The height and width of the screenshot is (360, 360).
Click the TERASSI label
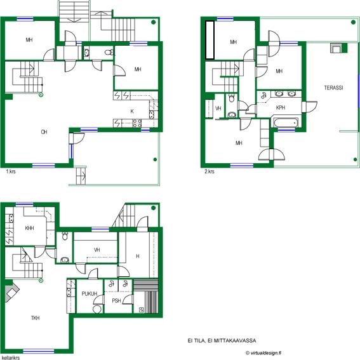point(333,88)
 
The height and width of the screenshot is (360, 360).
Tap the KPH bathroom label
point(281,107)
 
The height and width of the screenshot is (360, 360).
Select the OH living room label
point(44,132)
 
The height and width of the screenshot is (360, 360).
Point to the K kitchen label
point(132,111)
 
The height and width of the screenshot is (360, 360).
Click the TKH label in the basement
point(35,317)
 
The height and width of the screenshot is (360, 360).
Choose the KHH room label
point(29,228)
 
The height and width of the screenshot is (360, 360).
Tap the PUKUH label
point(90,293)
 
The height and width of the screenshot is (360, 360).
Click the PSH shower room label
point(116,300)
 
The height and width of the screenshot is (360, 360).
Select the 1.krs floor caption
point(11,171)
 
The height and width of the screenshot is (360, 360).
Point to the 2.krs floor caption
point(210,171)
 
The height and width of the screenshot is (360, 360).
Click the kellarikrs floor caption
point(11,357)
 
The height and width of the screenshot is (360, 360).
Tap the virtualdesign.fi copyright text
point(263,353)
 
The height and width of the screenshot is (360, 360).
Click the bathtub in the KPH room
point(286,123)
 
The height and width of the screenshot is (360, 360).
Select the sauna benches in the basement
point(146,296)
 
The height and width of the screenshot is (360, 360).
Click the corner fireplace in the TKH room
point(11,292)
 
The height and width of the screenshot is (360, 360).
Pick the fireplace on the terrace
point(338,48)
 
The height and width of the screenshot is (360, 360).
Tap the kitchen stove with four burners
point(137,123)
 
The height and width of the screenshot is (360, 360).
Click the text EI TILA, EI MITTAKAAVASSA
point(222,340)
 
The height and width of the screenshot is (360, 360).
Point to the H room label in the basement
point(138,256)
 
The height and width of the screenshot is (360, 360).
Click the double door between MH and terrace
point(272,154)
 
